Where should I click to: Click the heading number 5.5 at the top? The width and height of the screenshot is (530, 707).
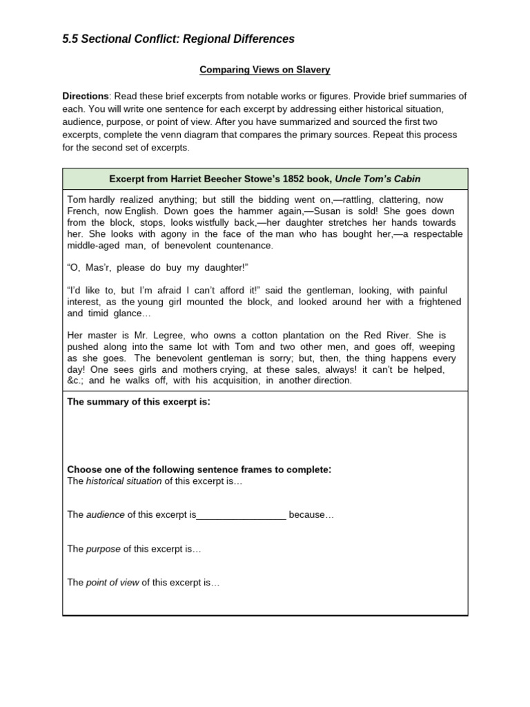(x=70, y=39)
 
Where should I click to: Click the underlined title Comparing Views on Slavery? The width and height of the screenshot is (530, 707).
(x=264, y=70)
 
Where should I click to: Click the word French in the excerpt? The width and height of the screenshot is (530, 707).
(x=83, y=211)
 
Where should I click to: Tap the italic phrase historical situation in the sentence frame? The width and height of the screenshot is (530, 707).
(x=124, y=481)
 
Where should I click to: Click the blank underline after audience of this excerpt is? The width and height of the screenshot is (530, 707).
(x=242, y=515)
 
